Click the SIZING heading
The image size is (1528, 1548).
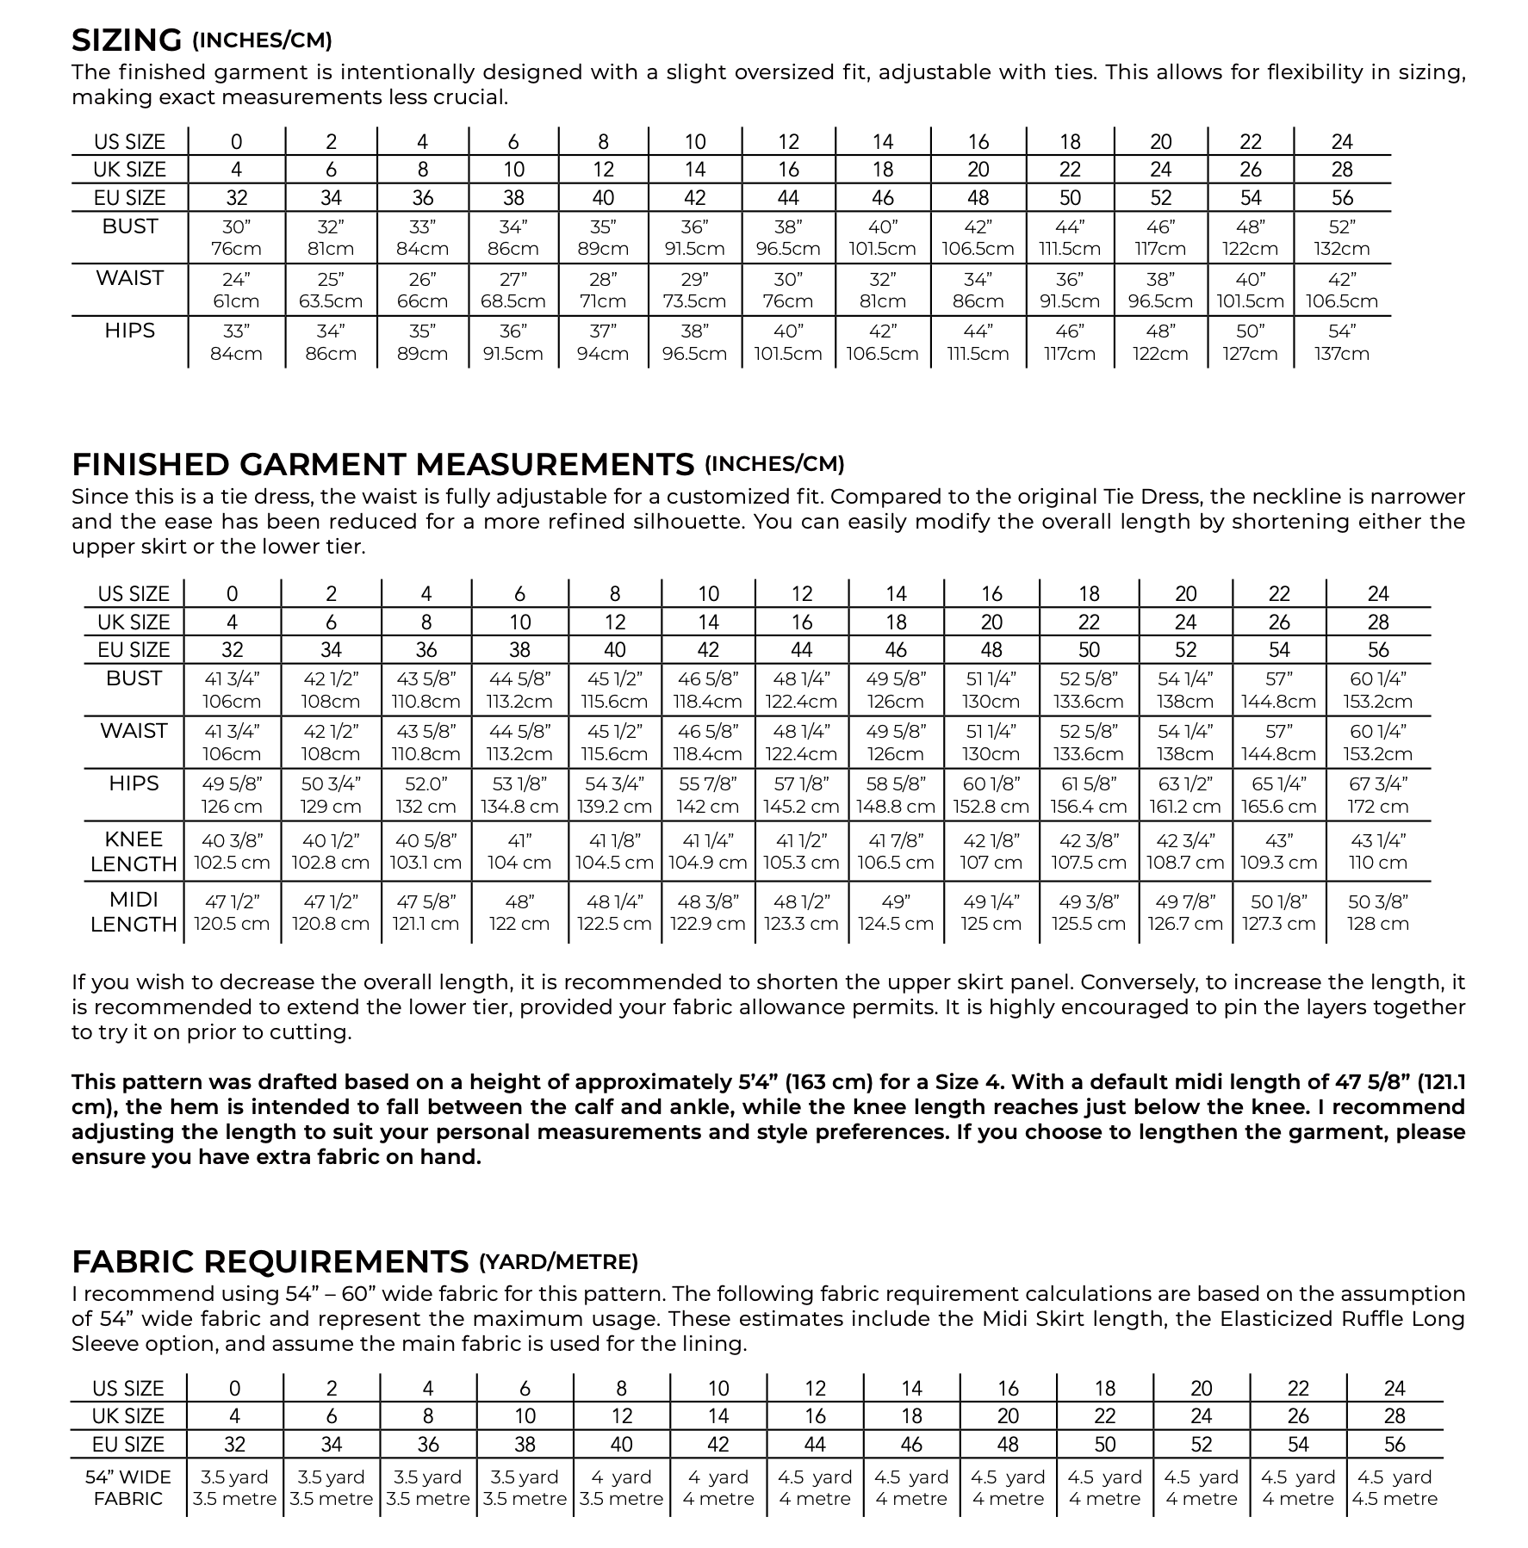127,40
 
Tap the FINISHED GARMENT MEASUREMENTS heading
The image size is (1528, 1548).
382,465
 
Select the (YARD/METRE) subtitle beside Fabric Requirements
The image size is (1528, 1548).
558,1262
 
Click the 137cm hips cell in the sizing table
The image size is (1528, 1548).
1342,354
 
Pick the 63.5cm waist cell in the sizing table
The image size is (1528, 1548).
331,301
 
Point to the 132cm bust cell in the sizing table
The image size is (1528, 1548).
1342,249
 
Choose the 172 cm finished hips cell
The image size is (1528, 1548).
1377,807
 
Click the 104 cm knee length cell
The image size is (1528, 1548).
519,863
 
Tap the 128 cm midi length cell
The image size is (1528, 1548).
1377,924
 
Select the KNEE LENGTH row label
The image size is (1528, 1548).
134,851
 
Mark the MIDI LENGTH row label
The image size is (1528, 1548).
134,912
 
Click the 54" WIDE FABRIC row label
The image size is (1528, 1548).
128,1488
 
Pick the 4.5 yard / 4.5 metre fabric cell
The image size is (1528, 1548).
1394,1488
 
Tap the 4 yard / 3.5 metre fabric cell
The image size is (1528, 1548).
621,1488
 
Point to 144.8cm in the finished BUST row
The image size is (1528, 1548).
1279,702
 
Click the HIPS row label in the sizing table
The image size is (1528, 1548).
129,331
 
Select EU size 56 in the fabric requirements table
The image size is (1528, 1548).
1394,1445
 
